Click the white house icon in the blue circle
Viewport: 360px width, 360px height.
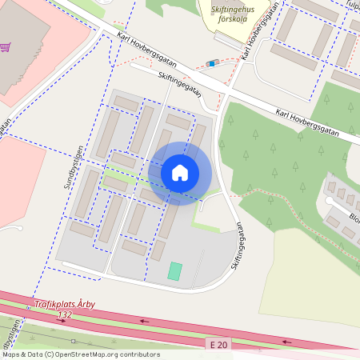point(179,173)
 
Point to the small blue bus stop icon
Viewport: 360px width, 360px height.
point(212,63)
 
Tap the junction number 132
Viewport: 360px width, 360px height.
point(65,315)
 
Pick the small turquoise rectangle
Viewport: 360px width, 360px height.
point(175,271)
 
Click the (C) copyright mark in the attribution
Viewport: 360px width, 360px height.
point(50,354)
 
